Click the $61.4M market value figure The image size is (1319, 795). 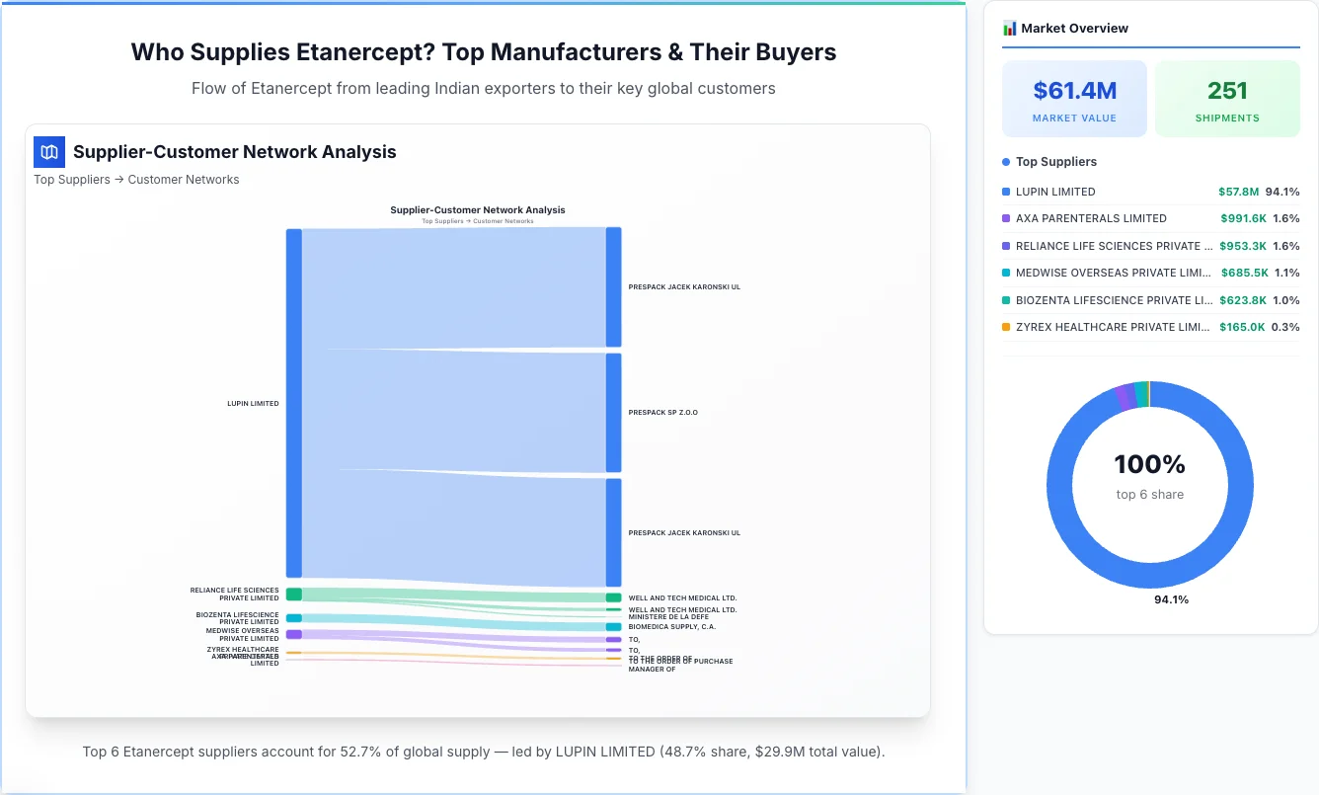tap(1074, 91)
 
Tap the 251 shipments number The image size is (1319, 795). tap(1227, 91)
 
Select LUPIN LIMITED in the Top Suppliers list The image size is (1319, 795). tap(1055, 192)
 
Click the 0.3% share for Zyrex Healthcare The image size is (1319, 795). tap(1285, 327)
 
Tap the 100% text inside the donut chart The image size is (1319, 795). tap(1149, 464)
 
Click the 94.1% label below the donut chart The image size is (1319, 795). tap(1171, 599)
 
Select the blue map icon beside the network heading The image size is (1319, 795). tap(49, 152)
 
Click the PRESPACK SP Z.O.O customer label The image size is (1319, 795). tap(662, 413)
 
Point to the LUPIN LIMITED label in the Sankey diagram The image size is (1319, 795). tap(253, 404)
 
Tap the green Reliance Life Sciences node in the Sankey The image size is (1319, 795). tap(294, 594)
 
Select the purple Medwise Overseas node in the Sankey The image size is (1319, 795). tap(294, 634)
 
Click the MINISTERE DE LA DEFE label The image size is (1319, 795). tap(668, 617)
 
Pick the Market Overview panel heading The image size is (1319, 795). tap(1074, 29)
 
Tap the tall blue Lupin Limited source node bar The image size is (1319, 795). tap(294, 403)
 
